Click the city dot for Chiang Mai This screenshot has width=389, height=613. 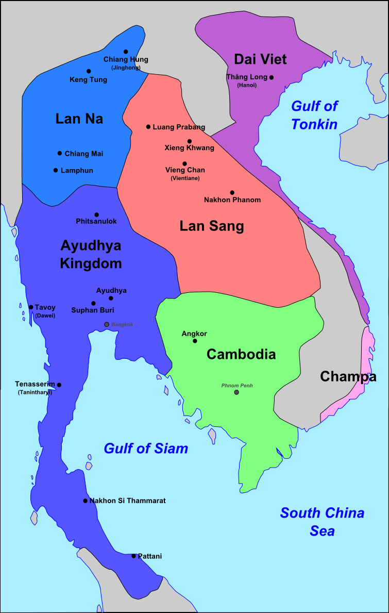(60, 153)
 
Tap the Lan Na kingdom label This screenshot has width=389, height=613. (79, 119)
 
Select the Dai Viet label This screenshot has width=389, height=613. (260, 59)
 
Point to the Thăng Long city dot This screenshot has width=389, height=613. (272, 77)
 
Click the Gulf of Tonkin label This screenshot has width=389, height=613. (314, 115)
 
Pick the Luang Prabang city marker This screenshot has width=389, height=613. (148, 127)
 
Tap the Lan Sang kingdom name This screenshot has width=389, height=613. (212, 226)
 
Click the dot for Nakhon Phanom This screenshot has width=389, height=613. (232, 192)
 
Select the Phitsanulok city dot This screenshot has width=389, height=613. (96, 214)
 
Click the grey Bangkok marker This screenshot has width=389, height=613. (107, 324)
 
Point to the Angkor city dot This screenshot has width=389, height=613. (195, 341)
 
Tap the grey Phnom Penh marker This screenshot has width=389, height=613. (236, 392)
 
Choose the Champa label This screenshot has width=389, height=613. (348, 376)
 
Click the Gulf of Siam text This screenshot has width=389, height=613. (146, 449)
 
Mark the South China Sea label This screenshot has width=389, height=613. (322, 522)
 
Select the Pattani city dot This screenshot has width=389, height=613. (133, 556)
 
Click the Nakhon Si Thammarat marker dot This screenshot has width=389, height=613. (86, 501)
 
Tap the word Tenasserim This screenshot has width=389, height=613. (35, 385)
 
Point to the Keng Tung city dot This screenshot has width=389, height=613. (89, 71)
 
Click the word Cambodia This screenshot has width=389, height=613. (241, 354)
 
